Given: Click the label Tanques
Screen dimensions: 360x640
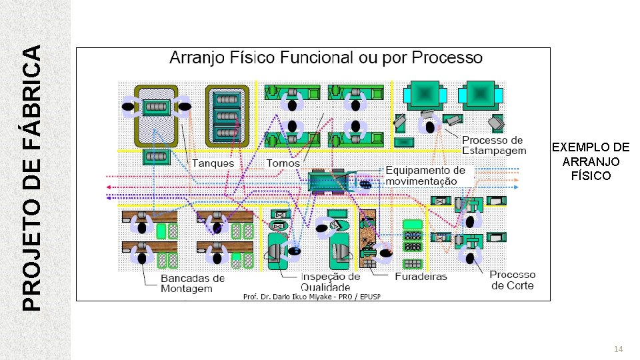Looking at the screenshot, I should [213, 163].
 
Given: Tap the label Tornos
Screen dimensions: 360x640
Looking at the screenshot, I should [283, 163].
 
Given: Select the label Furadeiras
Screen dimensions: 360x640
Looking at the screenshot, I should [421, 276].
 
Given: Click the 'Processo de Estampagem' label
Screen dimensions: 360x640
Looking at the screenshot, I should [494, 145].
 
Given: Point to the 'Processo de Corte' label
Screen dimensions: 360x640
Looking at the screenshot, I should [512, 280].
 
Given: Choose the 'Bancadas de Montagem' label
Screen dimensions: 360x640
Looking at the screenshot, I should [193, 283].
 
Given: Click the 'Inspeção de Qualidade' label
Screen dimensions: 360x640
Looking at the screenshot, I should [331, 281].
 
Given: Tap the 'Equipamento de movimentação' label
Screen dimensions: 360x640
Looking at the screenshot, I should [425, 176].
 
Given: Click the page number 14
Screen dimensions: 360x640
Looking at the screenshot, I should [618, 349].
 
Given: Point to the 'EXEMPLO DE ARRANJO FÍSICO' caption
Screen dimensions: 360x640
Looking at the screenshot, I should [591, 161].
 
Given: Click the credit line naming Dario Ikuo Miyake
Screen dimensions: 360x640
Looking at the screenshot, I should [311, 296].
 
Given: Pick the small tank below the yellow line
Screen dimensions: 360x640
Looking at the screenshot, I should [157, 157].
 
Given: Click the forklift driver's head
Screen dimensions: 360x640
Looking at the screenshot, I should [365, 184].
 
